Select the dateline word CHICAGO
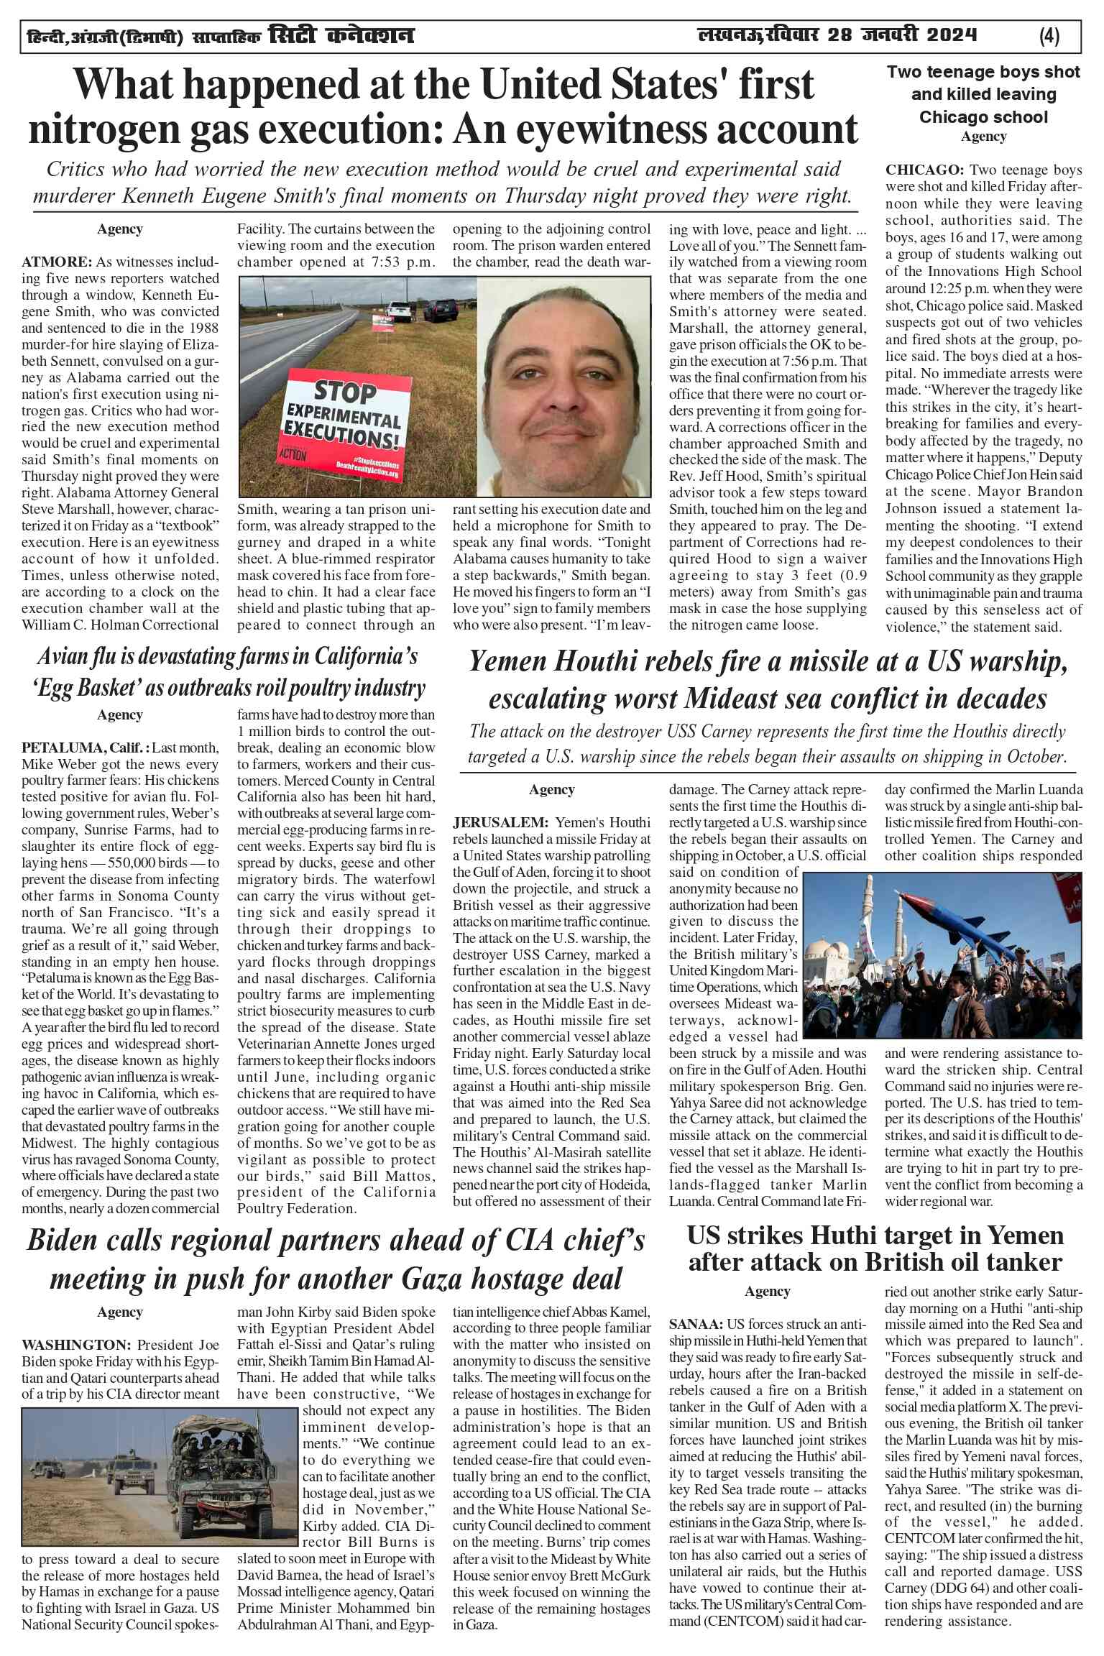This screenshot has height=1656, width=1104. click(924, 170)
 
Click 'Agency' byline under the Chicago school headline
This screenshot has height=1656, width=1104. click(984, 137)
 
